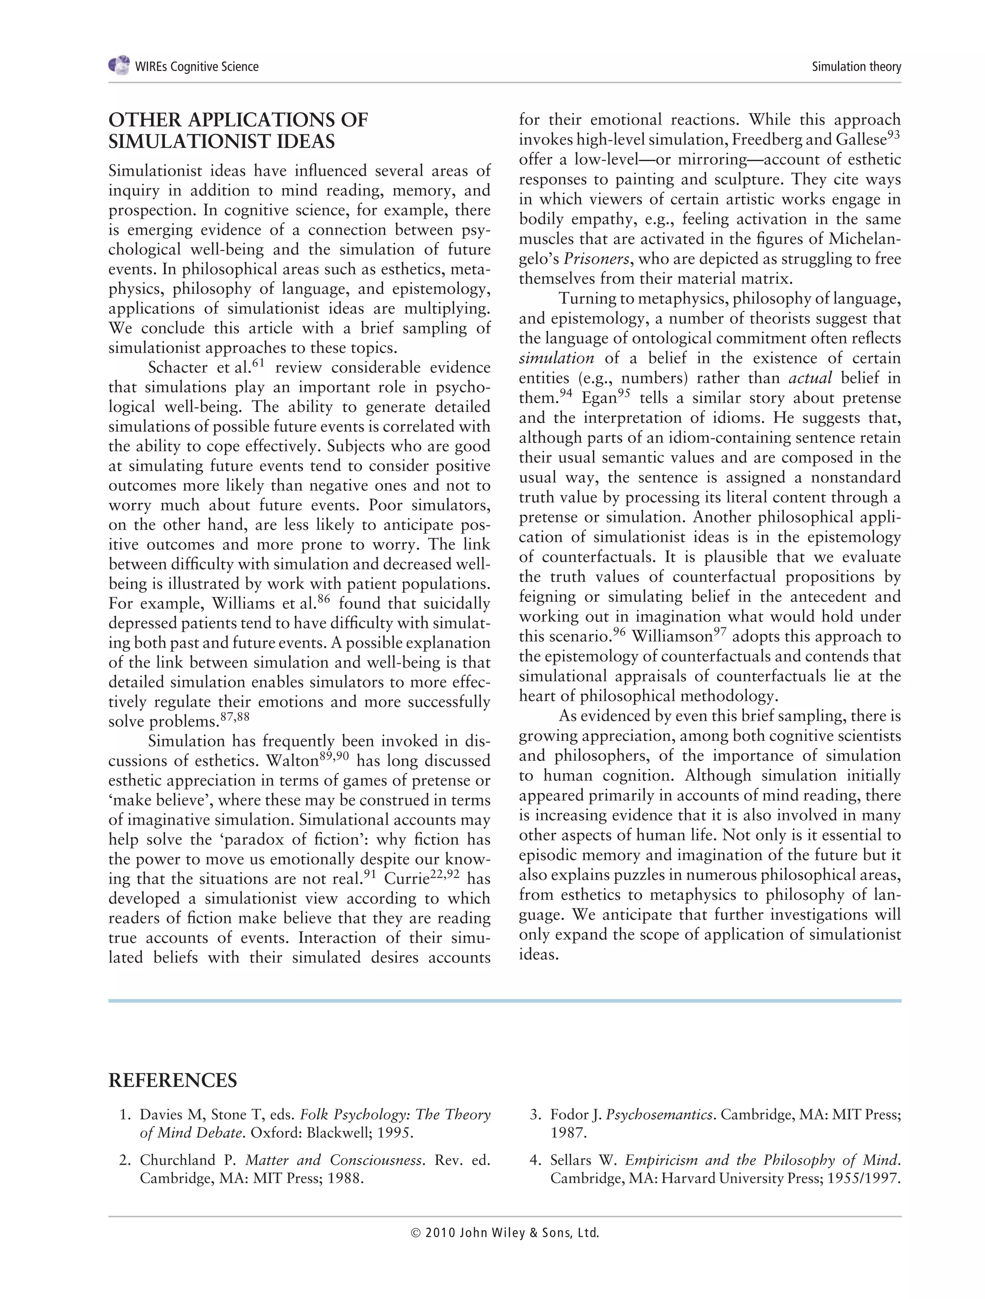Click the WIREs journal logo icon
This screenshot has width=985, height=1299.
[119, 65]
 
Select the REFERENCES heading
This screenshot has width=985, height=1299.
[173, 1081]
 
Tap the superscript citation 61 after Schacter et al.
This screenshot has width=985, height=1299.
[258, 363]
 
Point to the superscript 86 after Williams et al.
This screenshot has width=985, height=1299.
[324, 599]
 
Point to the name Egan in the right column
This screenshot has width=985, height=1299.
[599, 398]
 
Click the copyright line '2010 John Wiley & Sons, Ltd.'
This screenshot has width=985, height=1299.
[505, 1233]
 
